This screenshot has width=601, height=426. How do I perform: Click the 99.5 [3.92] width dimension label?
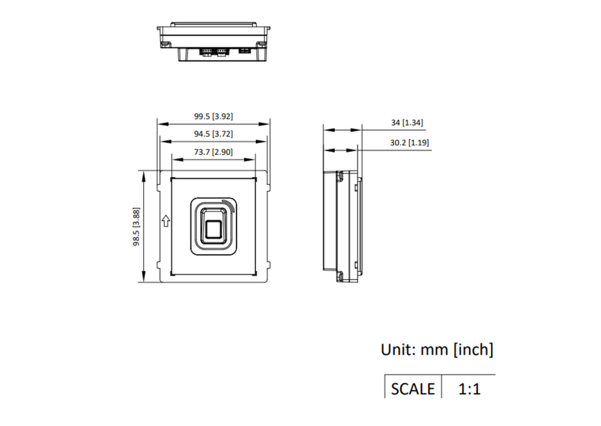[x=214, y=116]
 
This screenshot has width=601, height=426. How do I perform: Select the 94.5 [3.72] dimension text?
[x=214, y=133]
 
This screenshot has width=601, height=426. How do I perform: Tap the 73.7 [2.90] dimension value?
[x=214, y=151]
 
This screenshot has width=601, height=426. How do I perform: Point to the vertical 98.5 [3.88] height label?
[x=137, y=226]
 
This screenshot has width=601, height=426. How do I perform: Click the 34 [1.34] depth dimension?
[x=407, y=122]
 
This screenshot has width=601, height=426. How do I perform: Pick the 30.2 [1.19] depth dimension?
[x=409, y=142]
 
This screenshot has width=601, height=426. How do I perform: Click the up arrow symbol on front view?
[x=166, y=222]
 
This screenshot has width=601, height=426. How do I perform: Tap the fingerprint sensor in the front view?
[x=214, y=225]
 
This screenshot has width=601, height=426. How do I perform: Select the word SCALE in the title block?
[x=412, y=388]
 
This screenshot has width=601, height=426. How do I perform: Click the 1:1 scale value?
[x=470, y=388]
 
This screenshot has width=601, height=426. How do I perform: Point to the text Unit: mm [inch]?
[x=437, y=350]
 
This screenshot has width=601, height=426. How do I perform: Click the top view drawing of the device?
[x=213, y=42]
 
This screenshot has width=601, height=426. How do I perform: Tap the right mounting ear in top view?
[x=263, y=44]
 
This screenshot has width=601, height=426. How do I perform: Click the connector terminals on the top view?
[x=214, y=51]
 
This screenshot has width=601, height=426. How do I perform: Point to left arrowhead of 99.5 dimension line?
[x=161, y=124]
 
